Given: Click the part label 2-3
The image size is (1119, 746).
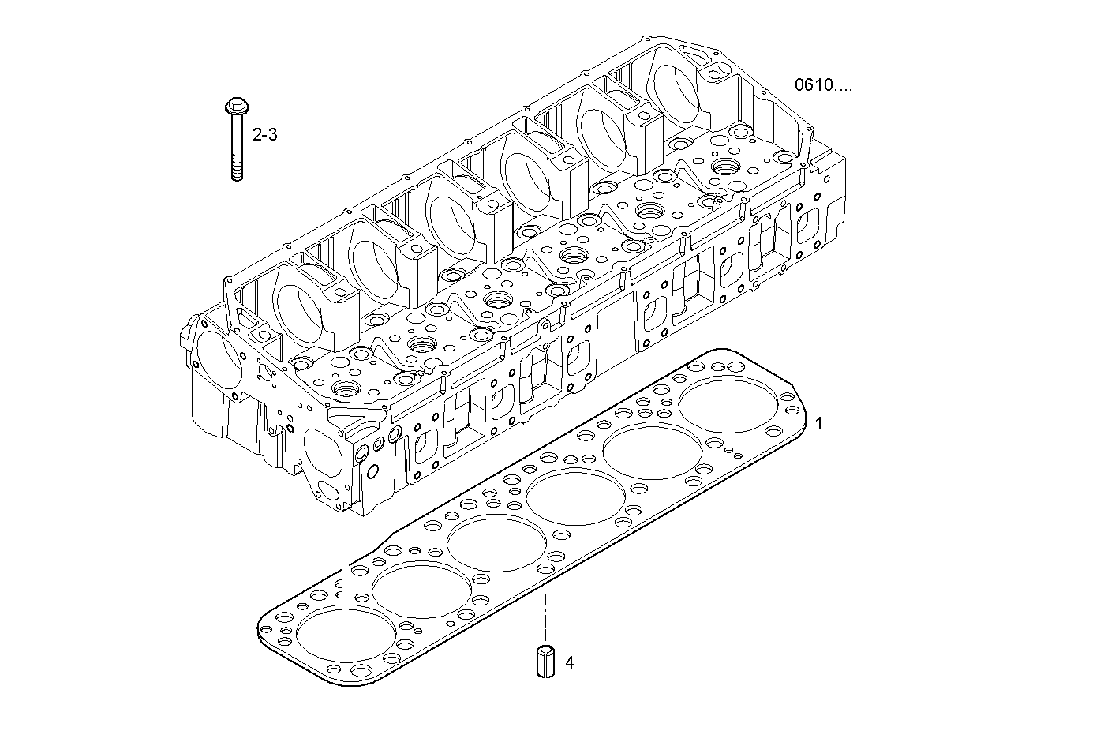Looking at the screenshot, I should (264, 135).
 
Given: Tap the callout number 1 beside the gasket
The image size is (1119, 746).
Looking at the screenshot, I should (818, 424).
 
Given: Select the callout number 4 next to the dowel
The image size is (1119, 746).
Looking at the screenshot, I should (569, 662).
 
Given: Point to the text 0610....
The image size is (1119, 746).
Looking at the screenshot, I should (823, 85).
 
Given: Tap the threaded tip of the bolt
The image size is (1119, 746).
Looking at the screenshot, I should (236, 171).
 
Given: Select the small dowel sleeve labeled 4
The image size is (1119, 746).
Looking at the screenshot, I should (544, 661).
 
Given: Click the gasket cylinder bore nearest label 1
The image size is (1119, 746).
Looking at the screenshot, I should (728, 404).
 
